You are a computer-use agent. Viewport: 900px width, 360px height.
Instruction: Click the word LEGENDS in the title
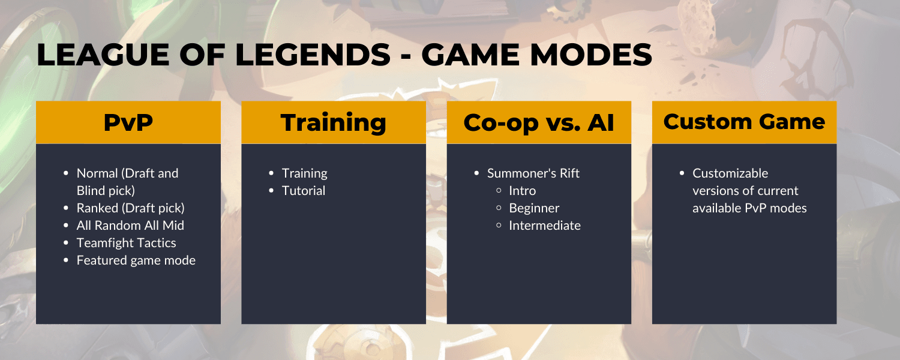(x=313, y=55)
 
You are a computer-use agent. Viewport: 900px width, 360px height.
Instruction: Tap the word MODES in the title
(x=590, y=55)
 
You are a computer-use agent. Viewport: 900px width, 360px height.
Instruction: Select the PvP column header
(x=128, y=122)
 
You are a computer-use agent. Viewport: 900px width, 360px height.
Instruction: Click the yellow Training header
(x=334, y=122)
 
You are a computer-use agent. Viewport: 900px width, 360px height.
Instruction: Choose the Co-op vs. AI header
(x=539, y=122)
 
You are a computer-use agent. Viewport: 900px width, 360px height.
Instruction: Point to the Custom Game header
(x=744, y=122)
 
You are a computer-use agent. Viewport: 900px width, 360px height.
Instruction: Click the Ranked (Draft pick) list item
(x=131, y=208)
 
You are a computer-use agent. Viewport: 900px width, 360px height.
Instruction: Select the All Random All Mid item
(x=130, y=226)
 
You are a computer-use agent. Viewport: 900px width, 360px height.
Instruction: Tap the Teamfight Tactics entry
(x=126, y=243)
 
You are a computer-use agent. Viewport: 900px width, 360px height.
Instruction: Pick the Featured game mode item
(x=136, y=260)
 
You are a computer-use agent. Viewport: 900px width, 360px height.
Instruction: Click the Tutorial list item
(x=304, y=190)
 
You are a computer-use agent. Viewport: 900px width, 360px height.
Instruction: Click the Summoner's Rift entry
(x=533, y=173)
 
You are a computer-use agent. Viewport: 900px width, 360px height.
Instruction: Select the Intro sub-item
(x=523, y=190)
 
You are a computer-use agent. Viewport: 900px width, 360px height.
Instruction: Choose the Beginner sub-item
(x=534, y=208)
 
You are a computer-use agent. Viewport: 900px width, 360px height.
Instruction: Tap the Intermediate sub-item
(x=545, y=226)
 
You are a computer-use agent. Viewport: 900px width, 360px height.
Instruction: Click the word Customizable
(x=730, y=173)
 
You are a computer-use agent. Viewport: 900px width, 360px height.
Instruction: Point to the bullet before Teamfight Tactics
(x=66, y=243)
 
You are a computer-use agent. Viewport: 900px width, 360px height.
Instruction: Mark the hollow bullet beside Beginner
(x=499, y=208)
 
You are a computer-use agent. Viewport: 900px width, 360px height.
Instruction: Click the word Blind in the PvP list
(x=91, y=190)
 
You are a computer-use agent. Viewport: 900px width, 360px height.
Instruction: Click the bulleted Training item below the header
(x=305, y=173)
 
